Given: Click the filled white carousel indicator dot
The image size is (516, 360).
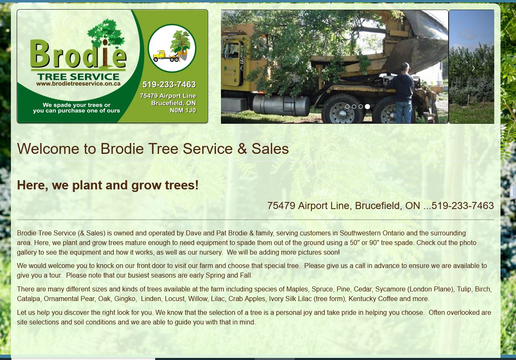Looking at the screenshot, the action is coord(367,107).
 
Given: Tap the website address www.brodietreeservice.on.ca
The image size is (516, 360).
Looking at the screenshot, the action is coord(78,84).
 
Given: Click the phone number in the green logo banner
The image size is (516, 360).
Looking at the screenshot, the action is coord(169,84).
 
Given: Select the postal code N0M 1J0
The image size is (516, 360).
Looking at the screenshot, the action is coord(183,110).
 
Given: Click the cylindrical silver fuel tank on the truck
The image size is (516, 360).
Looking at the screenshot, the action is coord(281,106).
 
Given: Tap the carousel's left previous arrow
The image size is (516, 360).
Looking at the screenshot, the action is coord(241,69).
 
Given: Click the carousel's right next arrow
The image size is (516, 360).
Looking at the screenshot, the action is coord(473,69).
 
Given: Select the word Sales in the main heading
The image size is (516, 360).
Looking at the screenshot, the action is coord(270,149).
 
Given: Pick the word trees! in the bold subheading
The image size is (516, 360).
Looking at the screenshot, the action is coord(182,185).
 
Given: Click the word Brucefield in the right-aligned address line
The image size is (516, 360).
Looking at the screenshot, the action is coord(378,206).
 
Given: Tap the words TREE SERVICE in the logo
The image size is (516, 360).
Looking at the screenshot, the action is coord(78,77).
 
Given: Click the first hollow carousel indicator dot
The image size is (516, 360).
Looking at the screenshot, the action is coord(347,107).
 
